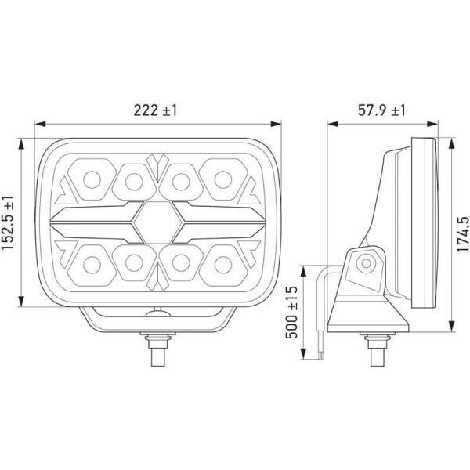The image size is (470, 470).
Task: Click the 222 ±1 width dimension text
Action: click(156, 110)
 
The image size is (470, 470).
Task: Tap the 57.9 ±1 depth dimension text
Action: click(381, 110)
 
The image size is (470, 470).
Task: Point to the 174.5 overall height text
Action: click(461, 235)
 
